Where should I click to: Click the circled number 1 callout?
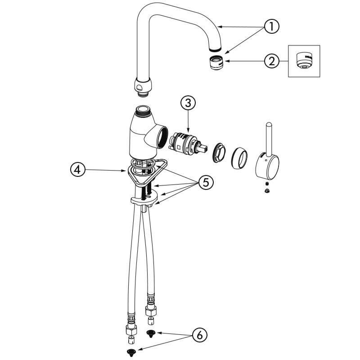pyautogui.click(x=272, y=27)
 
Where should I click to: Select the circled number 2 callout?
pyautogui.click(x=272, y=61)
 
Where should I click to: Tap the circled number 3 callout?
pyautogui.click(x=188, y=103)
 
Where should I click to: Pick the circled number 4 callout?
pyautogui.click(x=78, y=170)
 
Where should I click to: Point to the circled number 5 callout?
pyautogui.click(x=206, y=183)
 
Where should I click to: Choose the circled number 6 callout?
pyautogui.click(x=199, y=335)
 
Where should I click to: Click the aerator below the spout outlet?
pyautogui.click(x=216, y=62)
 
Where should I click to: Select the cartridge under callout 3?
pyautogui.click(x=188, y=143)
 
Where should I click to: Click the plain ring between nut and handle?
pyautogui.click(x=240, y=158)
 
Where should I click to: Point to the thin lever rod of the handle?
pyautogui.click(x=268, y=138)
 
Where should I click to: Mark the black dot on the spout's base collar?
pyautogui.click(x=139, y=87)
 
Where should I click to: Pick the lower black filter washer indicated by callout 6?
pyautogui.click(x=131, y=352)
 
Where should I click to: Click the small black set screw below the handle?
pyautogui.click(x=267, y=184)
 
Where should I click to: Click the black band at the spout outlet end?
pyautogui.click(x=216, y=49)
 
